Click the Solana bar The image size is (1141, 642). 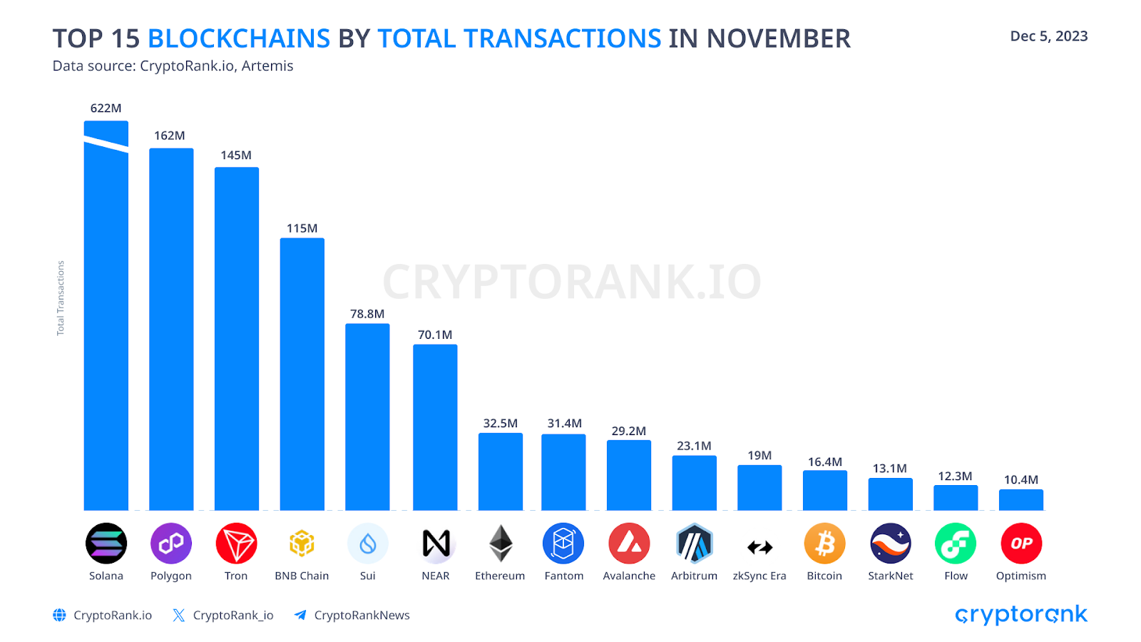click(x=106, y=321)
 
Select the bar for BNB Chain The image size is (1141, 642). click(x=302, y=374)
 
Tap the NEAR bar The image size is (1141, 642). click(x=435, y=427)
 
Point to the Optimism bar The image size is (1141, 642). click(x=1020, y=500)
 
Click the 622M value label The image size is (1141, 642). click(x=106, y=108)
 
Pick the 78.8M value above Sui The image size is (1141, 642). click(x=367, y=314)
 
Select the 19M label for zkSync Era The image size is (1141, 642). click(x=759, y=455)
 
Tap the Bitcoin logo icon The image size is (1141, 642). click(x=824, y=544)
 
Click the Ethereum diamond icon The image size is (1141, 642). click(x=501, y=544)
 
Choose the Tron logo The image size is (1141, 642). click(x=236, y=544)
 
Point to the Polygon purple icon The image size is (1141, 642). click(x=171, y=544)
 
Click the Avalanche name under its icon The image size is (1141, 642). click(x=629, y=576)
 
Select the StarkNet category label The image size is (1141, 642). click(x=890, y=576)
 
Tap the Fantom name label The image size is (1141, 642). click(x=564, y=576)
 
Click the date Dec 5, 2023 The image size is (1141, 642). click(x=1048, y=36)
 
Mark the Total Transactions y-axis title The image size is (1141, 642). click(x=61, y=298)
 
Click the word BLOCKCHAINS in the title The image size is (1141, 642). click(x=239, y=39)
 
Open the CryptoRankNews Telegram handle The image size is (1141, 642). click(x=362, y=615)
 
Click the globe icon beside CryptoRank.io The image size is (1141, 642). click(x=60, y=615)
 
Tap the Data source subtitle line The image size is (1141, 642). click(x=173, y=66)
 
